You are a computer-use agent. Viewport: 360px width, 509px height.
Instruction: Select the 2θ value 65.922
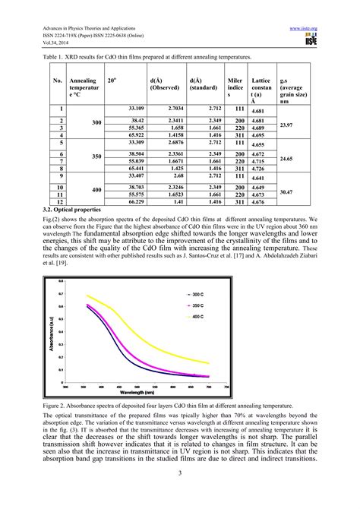115,134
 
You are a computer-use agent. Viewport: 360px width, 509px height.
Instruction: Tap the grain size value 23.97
286,124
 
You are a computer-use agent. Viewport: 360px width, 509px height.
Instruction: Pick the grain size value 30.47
286,191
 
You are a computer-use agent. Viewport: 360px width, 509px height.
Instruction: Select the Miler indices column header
235,87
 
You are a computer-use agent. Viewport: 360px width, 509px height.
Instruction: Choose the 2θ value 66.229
115,202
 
